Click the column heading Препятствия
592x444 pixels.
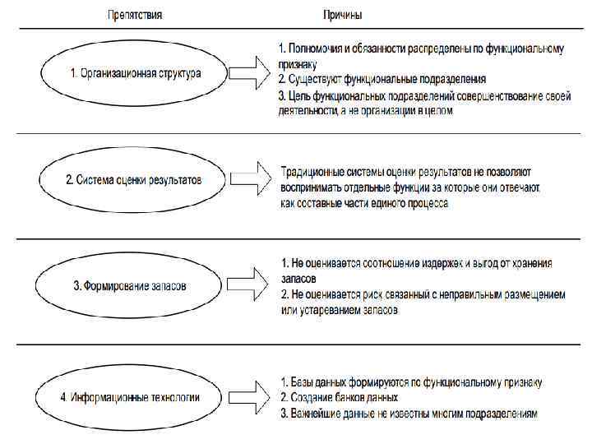coord(136,15)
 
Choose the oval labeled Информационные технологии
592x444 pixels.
coord(131,397)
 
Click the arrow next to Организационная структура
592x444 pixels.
coord(251,73)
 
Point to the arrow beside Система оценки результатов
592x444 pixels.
coord(251,179)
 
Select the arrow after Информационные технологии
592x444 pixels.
coord(251,397)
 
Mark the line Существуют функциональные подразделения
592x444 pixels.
coord(382,80)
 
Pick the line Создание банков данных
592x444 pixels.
coord(338,398)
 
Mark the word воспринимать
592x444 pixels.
coord(313,188)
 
